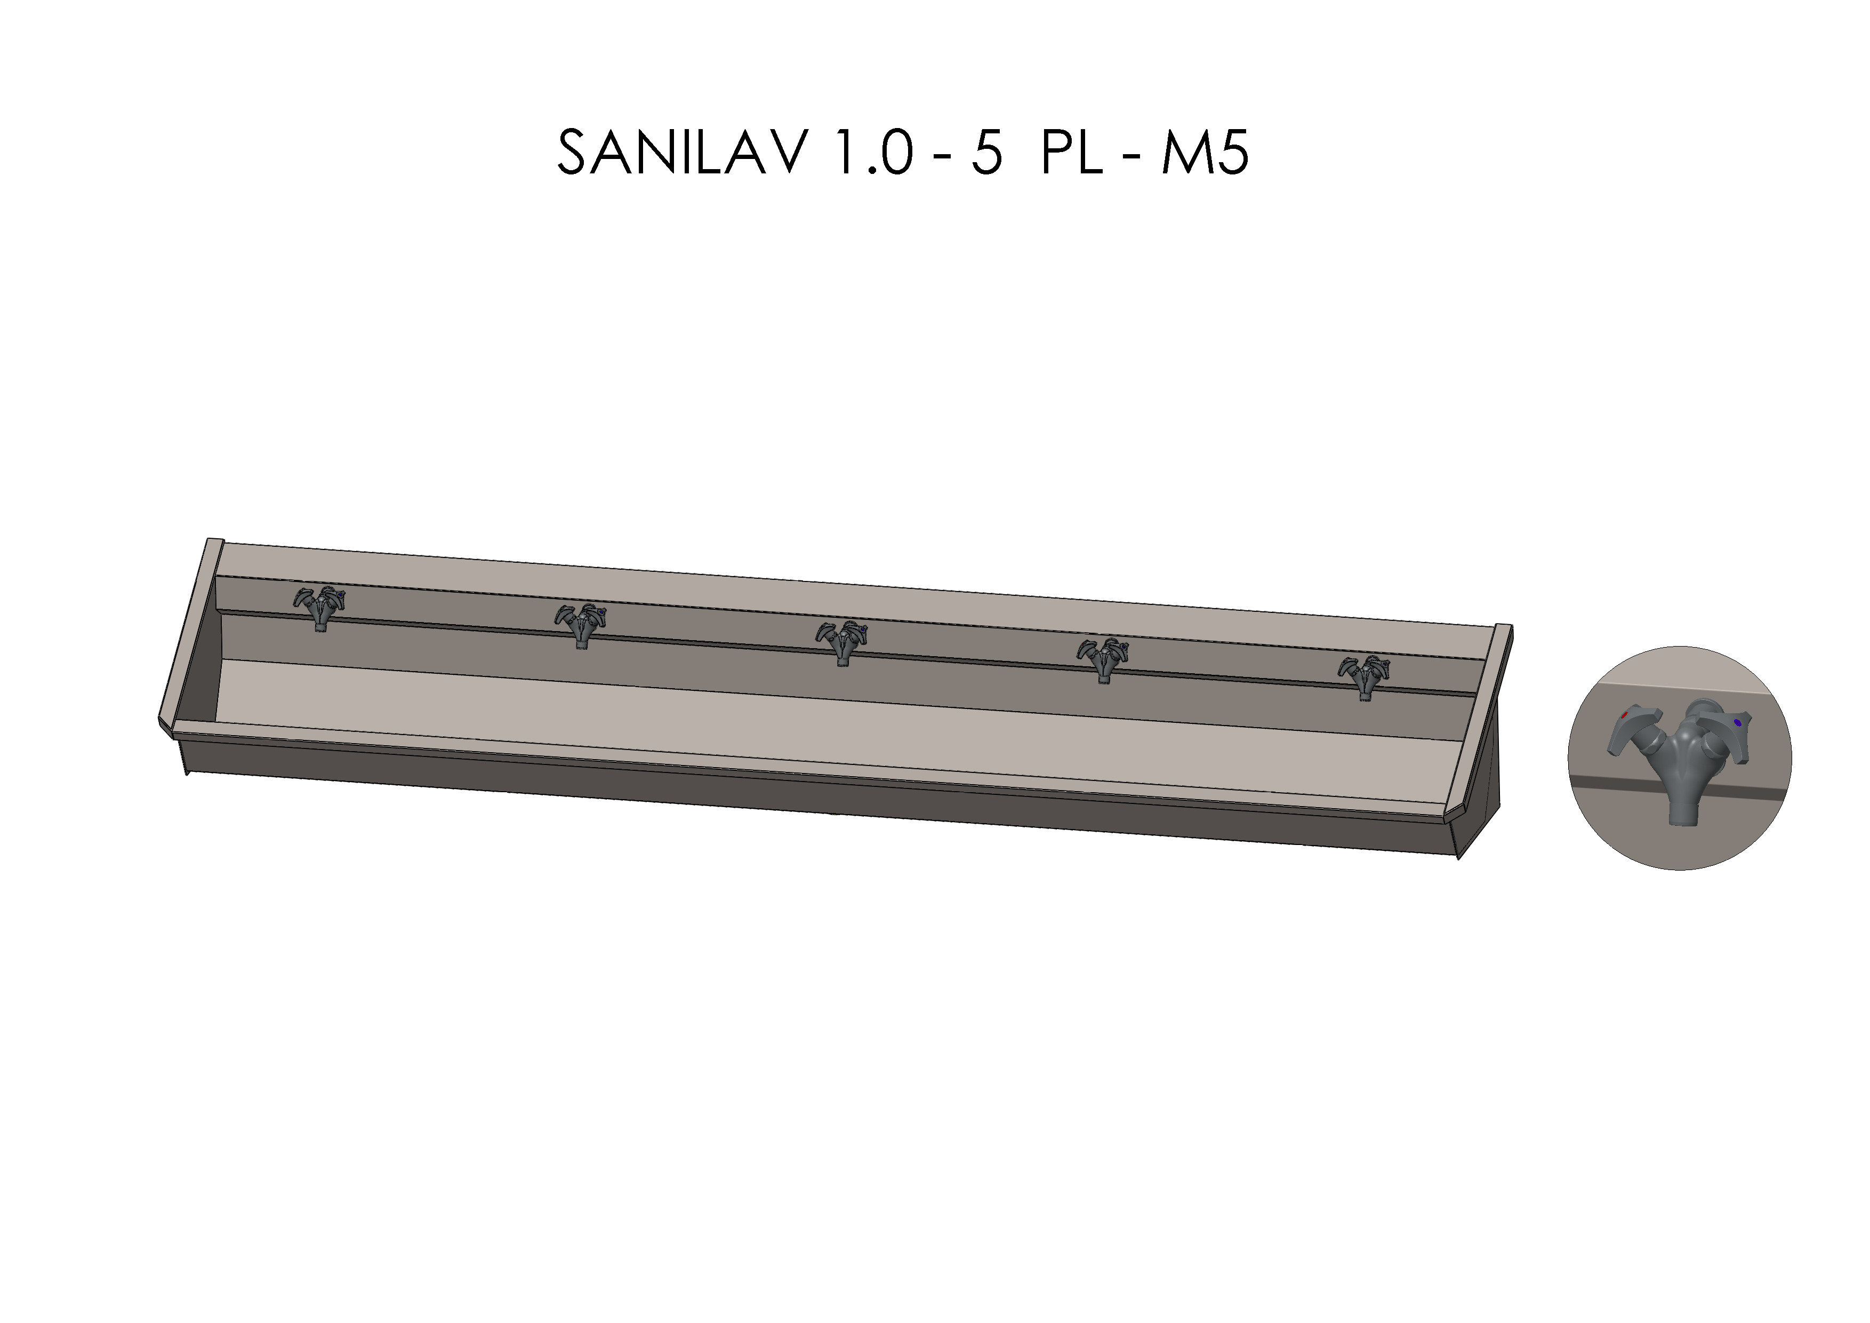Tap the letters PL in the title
[1072, 153]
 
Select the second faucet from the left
[581, 625]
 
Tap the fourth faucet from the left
[1103, 659]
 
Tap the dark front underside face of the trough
[814, 794]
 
